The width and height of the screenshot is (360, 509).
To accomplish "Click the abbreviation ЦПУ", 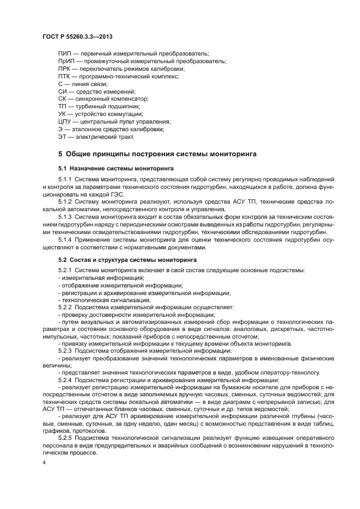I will [x=64, y=121].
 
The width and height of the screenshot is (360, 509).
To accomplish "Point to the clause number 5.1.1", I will [x=65, y=179].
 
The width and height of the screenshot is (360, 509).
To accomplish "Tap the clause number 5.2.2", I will [x=65, y=308].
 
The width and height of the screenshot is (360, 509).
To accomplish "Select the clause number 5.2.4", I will [x=65, y=379].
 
